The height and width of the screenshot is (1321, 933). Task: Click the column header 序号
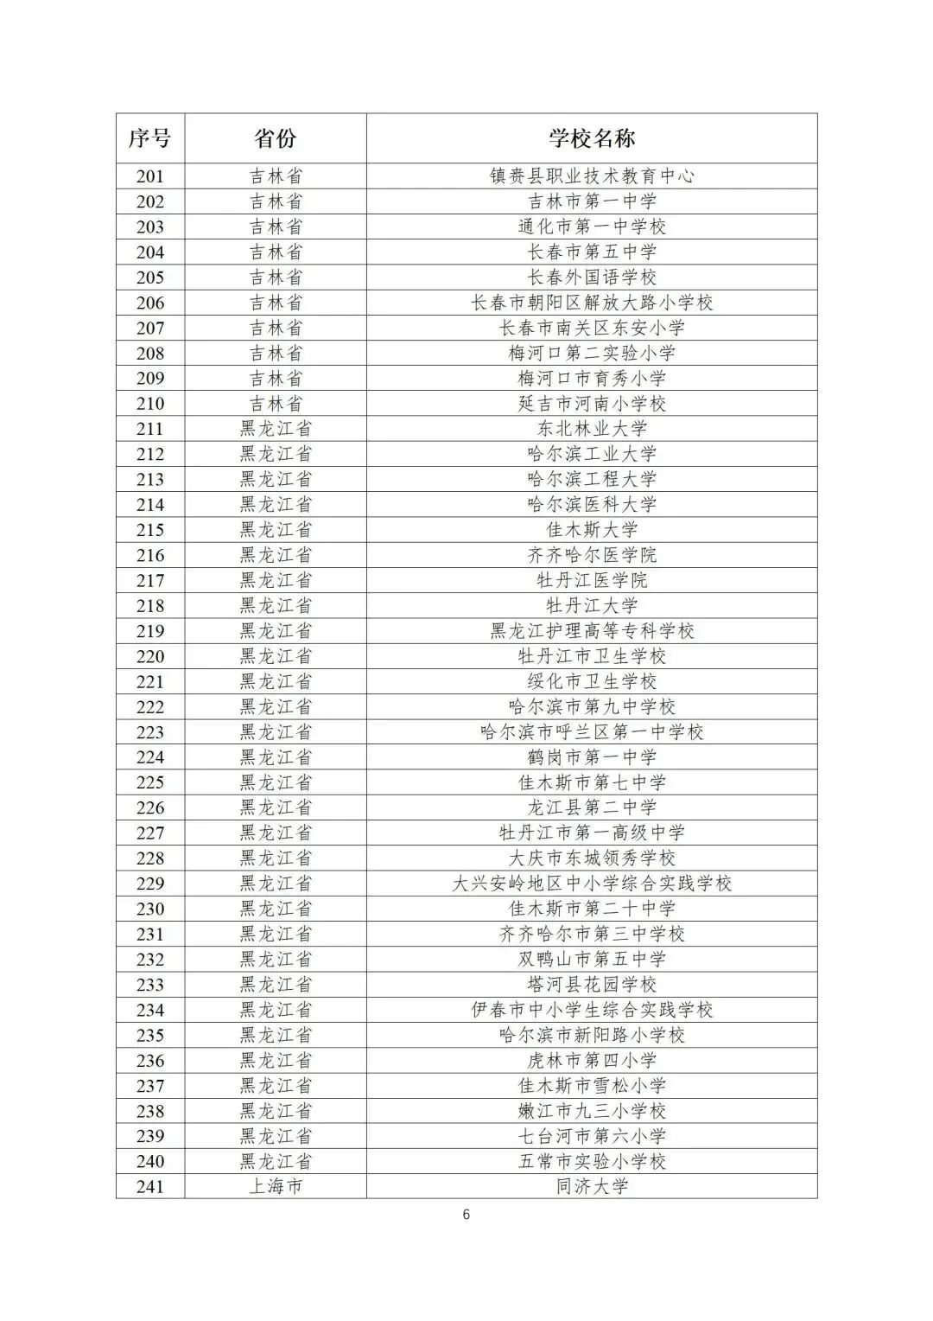click(150, 138)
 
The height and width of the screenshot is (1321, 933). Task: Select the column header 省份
click(276, 138)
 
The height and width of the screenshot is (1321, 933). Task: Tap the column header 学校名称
click(592, 138)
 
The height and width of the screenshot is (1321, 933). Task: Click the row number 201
click(150, 176)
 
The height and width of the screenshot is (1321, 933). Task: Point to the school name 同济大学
click(592, 1186)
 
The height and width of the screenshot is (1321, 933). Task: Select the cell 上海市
click(276, 1186)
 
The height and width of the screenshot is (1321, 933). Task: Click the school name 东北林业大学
click(592, 429)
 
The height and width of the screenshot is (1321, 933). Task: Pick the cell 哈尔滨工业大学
click(592, 454)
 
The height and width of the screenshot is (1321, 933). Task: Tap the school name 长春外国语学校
click(592, 278)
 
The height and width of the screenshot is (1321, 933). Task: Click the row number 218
click(150, 605)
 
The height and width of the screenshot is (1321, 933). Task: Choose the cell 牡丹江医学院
click(592, 580)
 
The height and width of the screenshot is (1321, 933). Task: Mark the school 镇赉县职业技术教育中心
click(592, 176)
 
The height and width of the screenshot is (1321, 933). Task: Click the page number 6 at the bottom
click(466, 1215)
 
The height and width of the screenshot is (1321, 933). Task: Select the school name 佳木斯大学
click(592, 530)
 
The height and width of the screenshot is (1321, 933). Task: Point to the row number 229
click(150, 884)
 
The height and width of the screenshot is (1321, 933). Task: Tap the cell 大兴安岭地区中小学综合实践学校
click(592, 884)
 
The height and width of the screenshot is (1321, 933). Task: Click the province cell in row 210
click(276, 404)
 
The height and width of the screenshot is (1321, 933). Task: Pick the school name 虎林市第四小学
click(592, 1060)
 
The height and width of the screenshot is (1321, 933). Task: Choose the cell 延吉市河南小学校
click(592, 404)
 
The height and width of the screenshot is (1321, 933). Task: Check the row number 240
click(150, 1161)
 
